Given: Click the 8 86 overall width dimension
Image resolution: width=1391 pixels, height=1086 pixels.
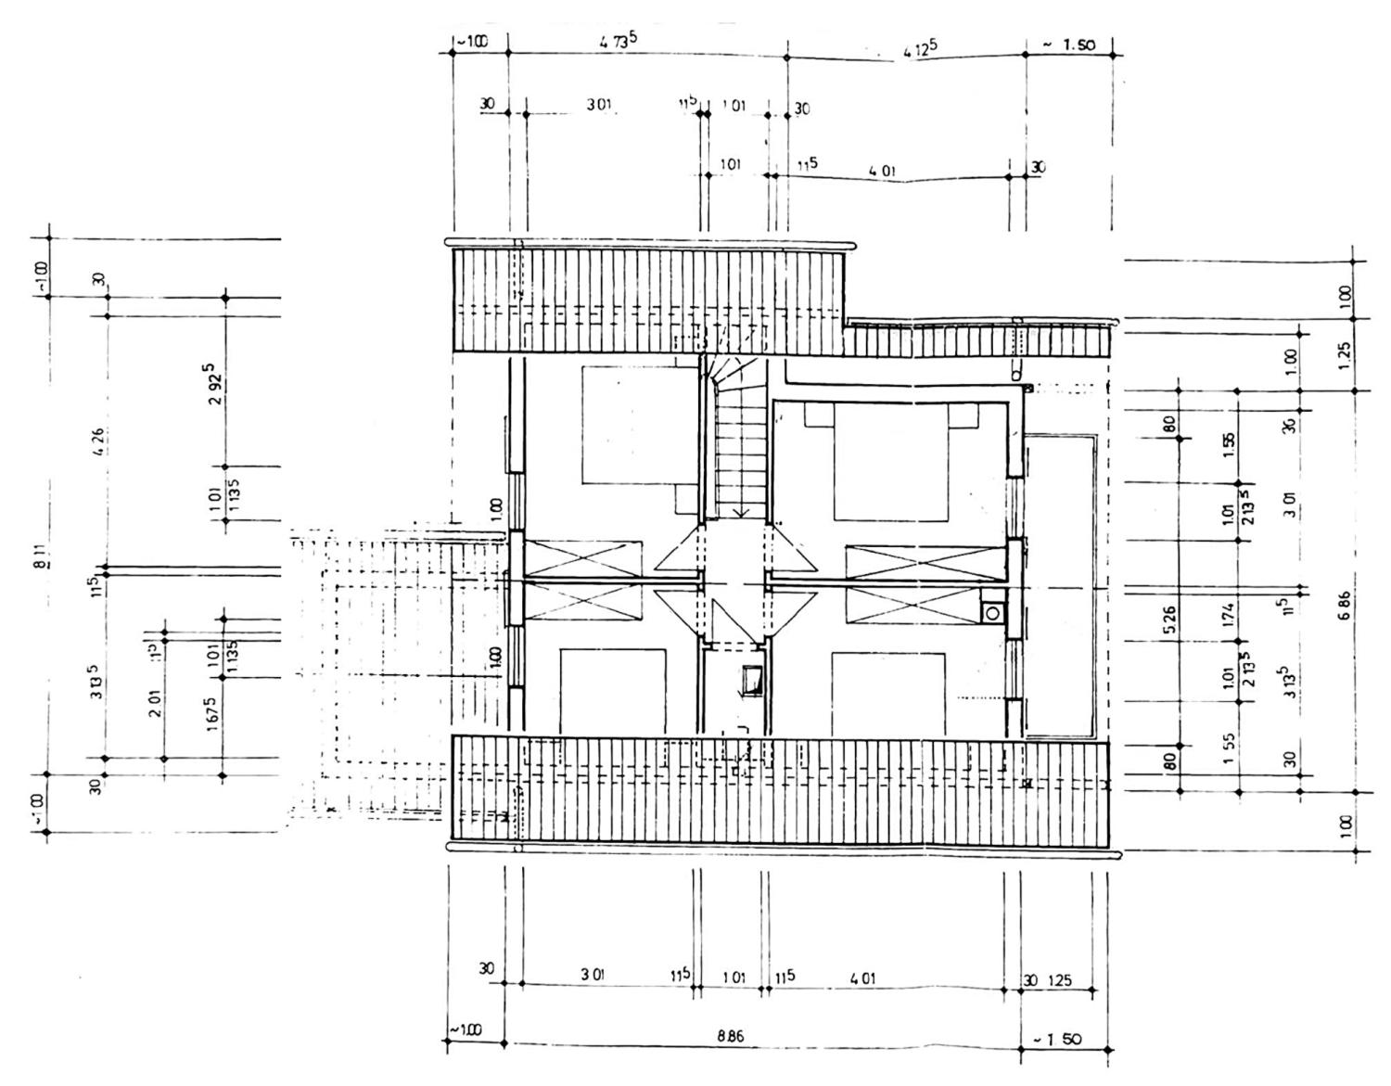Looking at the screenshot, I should click(x=730, y=1037).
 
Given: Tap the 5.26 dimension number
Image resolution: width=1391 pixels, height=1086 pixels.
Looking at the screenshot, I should click(x=1169, y=616).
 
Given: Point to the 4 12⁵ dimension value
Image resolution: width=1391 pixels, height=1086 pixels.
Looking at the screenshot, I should click(x=919, y=53).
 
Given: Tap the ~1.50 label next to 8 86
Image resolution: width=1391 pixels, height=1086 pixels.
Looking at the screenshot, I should click(x=1055, y=1039).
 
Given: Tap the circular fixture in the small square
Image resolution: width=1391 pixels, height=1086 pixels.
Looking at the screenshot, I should click(x=993, y=613).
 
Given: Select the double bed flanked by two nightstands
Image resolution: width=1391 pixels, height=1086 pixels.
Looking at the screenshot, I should click(x=890, y=461).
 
